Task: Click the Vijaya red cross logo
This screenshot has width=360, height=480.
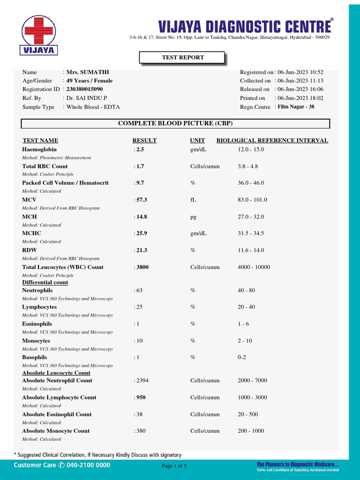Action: coord(39,30)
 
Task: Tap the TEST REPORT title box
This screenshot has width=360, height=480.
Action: coord(182,58)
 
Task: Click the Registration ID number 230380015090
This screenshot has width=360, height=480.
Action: coord(84,89)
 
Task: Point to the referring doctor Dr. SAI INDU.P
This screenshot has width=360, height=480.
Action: coord(87,98)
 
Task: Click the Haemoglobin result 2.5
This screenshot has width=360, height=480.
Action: coord(140,149)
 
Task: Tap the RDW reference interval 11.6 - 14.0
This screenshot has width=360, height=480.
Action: coord(251,250)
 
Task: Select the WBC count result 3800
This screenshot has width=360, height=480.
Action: coord(142,267)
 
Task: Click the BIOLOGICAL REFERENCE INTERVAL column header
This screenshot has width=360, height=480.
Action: coord(272,140)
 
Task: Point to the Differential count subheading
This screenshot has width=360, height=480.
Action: coord(45,283)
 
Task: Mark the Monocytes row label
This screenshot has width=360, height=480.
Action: coord(36,341)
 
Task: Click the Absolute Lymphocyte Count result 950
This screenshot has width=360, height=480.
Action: coord(141,397)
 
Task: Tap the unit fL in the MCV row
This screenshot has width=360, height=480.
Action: coord(193,200)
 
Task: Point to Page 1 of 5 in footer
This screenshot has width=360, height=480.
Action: coord(174,466)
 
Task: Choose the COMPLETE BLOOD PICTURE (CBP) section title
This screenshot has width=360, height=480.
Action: coord(175,123)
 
